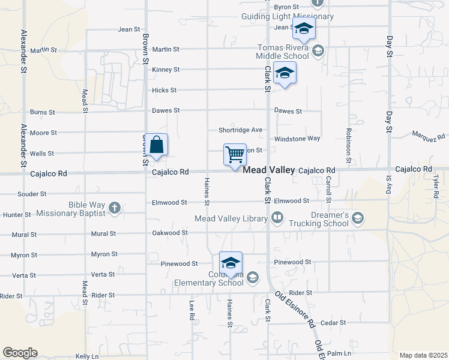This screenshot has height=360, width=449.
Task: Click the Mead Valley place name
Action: click(x=268, y=170)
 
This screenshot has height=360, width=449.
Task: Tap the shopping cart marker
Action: click(x=235, y=155)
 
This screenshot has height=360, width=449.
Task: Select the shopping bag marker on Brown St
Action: click(x=156, y=145)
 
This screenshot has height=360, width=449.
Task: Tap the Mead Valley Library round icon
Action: click(x=277, y=218)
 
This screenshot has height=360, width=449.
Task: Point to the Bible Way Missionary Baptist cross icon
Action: click(x=114, y=208)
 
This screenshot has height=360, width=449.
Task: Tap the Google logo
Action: click(x=20, y=353)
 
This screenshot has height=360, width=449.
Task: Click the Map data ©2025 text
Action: click(x=423, y=355)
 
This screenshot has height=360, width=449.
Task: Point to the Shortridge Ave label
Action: click(x=240, y=130)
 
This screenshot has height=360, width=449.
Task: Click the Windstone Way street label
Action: click(x=297, y=139)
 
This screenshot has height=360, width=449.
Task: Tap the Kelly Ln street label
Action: click(x=87, y=356)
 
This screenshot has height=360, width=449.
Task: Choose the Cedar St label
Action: click(x=333, y=323)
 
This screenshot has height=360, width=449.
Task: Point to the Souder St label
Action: click(x=32, y=194)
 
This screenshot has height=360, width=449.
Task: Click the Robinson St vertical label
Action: click(x=348, y=146)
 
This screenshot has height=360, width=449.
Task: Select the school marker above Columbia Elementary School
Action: click(x=231, y=263)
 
